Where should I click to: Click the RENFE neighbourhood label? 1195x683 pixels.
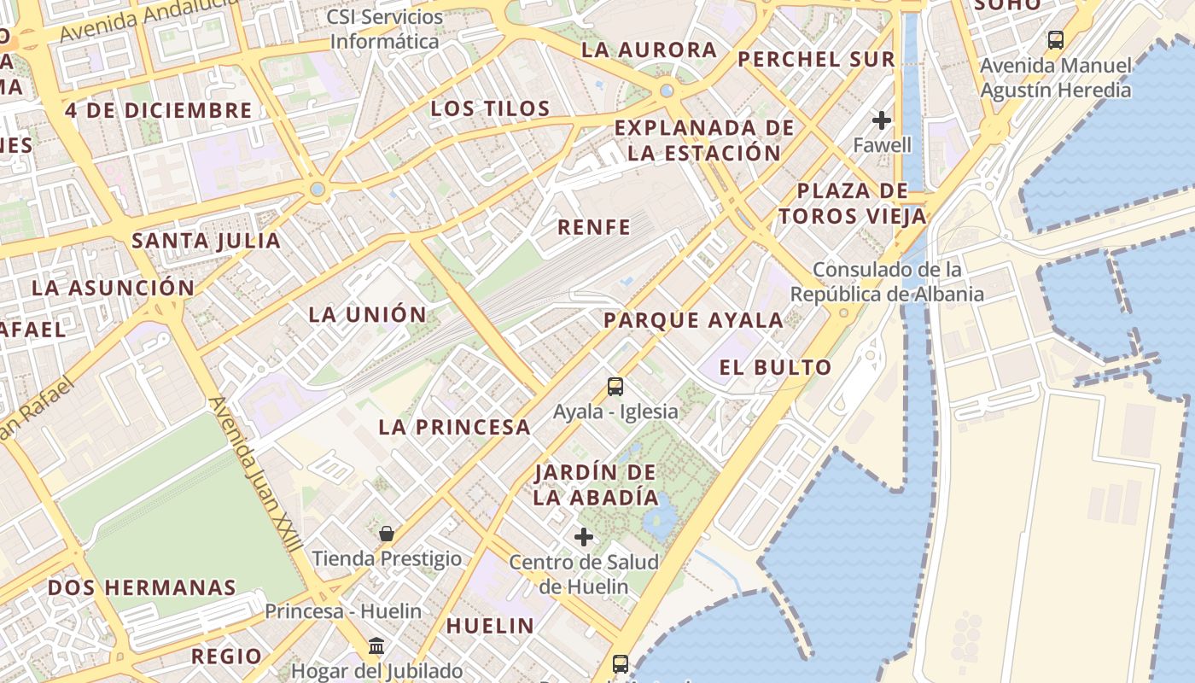tap(594, 227)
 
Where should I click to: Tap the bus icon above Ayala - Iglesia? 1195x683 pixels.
tap(615, 387)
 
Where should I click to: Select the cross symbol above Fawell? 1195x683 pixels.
tap(882, 120)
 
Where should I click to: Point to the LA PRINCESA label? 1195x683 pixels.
tap(454, 427)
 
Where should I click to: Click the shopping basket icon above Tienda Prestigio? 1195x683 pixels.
tap(387, 534)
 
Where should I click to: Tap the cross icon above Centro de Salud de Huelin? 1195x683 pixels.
tap(584, 537)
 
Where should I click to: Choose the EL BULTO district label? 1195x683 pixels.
tap(775, 368)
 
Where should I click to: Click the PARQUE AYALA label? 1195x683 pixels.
tap(693, 321)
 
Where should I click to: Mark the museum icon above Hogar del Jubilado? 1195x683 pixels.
tap(376, 645)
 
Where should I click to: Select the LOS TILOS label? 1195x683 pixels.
tap(490, 108)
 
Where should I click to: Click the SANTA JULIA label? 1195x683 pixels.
tap(206, 241)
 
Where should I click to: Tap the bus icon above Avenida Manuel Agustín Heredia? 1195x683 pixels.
tap(1056, 39)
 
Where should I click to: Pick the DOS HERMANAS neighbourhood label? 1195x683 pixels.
tap(142, 587)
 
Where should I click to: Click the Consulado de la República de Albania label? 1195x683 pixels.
tap(887, 282)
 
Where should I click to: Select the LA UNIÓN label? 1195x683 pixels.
tap(367, 314)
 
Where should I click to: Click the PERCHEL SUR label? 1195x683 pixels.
tap(816, 59)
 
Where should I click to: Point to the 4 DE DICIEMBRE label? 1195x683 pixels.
tap(159, 110)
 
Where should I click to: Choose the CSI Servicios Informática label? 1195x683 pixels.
tap(385, 29)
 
